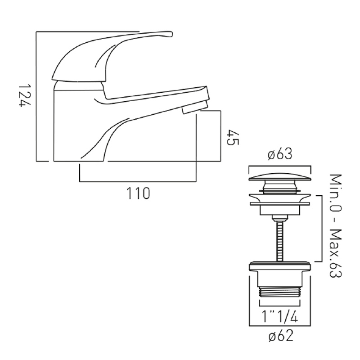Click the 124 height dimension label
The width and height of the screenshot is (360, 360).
click(24, 95)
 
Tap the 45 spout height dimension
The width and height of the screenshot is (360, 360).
click(233, 137)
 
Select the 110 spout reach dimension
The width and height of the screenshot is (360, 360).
click(138, 193)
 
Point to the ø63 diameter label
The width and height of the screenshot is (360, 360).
click(280, 154)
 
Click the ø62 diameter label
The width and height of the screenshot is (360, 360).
click(281, 336)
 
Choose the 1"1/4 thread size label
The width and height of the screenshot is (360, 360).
click(280, 317)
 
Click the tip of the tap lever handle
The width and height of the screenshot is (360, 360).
click(172, 33)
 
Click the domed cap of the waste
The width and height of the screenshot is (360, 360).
click(280, 176)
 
